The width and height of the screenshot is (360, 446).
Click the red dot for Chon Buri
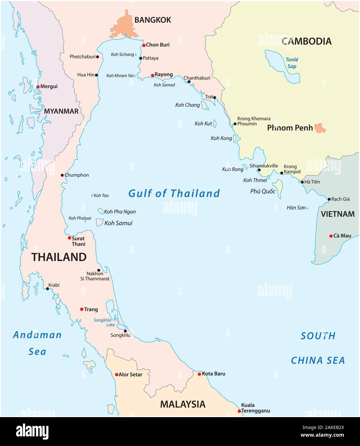click(144, 45)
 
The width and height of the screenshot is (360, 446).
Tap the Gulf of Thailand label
click(174, 193)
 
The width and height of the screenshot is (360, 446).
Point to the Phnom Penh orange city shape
click(320, 128)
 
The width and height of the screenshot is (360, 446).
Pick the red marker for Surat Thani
click(69, 238)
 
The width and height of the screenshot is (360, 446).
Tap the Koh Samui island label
click(118, 223)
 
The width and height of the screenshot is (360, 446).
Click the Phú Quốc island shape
click(278, 187)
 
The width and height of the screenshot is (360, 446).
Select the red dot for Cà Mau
click(331, 236)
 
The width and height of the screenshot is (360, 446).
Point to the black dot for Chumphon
click(62, 175)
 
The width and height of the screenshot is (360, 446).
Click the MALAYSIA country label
click(183, 404)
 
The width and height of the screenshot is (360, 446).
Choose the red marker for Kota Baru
click(199, 374)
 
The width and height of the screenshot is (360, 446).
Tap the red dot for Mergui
click(38, 87)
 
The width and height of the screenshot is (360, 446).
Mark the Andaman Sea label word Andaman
click(37, 335)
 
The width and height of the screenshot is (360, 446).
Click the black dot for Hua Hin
click(96, 75)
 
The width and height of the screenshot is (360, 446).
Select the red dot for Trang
click(81, 309)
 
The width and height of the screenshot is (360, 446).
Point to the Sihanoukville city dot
click(259, 170)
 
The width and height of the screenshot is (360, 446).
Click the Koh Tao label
click(101, 195)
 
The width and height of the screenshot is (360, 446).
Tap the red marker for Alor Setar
click(116, 374)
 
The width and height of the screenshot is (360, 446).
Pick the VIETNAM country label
click(338, 214)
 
